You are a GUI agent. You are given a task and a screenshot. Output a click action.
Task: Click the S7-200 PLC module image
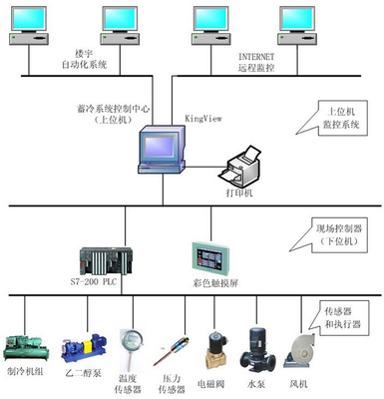(x=101, y=262)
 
